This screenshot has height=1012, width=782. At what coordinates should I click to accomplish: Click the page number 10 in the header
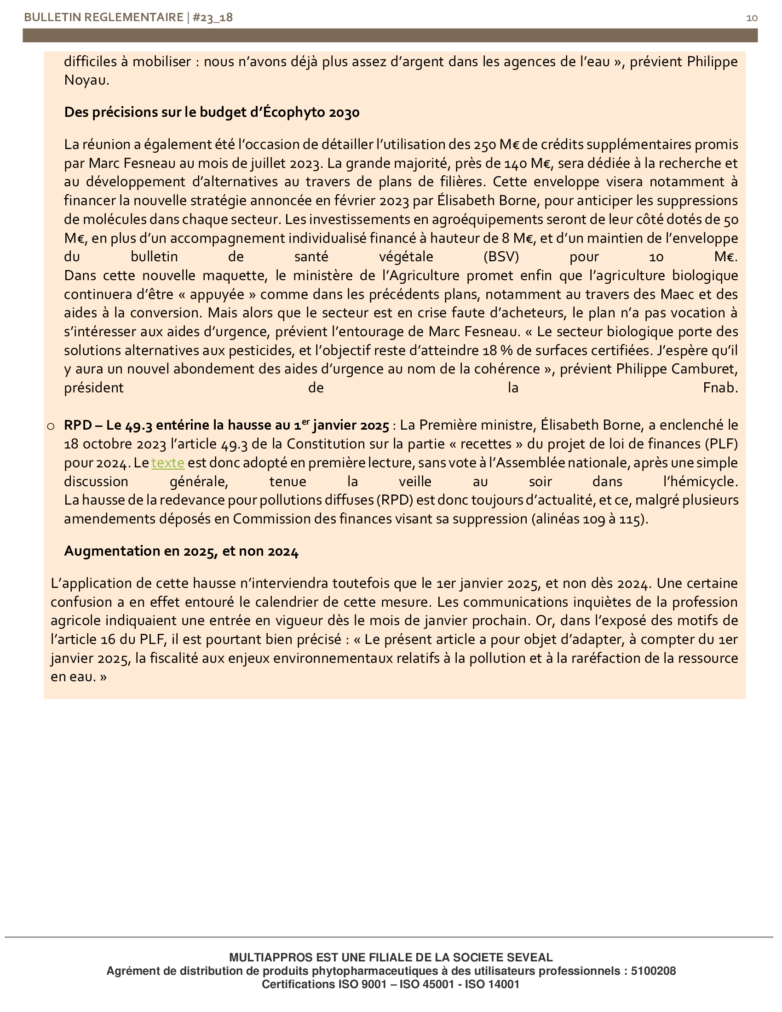pos(752,18)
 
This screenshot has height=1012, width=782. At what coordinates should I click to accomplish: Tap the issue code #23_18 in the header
pos(213,17)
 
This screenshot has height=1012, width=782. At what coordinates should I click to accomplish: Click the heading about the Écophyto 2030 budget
pos(212,113)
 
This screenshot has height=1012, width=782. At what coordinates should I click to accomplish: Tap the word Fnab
pos(720,388)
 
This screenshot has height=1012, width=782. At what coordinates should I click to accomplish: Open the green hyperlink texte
pos(168,463)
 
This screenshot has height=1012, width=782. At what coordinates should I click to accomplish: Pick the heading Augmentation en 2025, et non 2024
pos(181,552)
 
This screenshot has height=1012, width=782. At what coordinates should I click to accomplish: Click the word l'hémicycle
pos(701,482)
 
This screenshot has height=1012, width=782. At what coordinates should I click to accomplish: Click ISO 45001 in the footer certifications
pos(427,984)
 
